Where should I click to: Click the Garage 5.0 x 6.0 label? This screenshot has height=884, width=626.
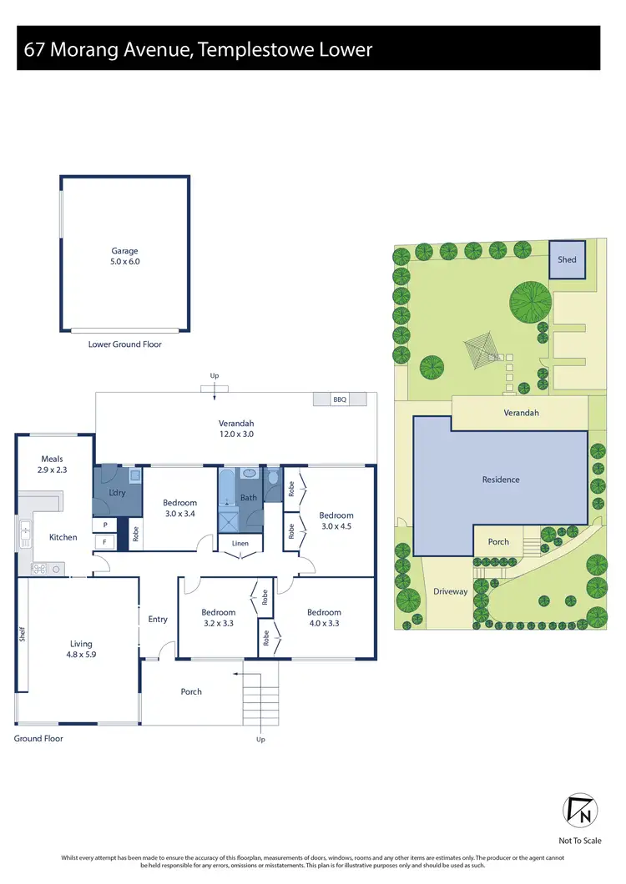coord(125,256)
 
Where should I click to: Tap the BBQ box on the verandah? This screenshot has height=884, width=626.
coord(340,400)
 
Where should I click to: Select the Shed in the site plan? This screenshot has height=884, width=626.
coord(567,259)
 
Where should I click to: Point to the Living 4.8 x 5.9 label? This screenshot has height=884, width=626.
coord(81,649)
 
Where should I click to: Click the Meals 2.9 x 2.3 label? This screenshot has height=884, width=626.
coord(52,465)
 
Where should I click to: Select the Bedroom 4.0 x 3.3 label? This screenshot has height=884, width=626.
coord(324,617)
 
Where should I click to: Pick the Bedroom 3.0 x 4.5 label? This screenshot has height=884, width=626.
coord(336,520)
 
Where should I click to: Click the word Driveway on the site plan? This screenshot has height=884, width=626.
coord(450,591)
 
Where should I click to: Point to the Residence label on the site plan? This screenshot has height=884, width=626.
coord(501,480)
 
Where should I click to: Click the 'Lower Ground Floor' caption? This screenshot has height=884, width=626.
coord(125,344)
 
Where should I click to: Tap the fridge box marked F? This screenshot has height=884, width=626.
coord(104,542)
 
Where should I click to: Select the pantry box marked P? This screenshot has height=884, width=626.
coord(104,525)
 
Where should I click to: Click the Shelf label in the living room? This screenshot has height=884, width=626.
coord(23,635)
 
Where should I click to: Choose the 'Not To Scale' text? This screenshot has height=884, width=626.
coord(579,841)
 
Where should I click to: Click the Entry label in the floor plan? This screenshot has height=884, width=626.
coord(158,619)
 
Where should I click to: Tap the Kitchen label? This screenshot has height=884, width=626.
coord(63,537)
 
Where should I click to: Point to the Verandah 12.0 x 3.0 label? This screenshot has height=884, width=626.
coord(236,429)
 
